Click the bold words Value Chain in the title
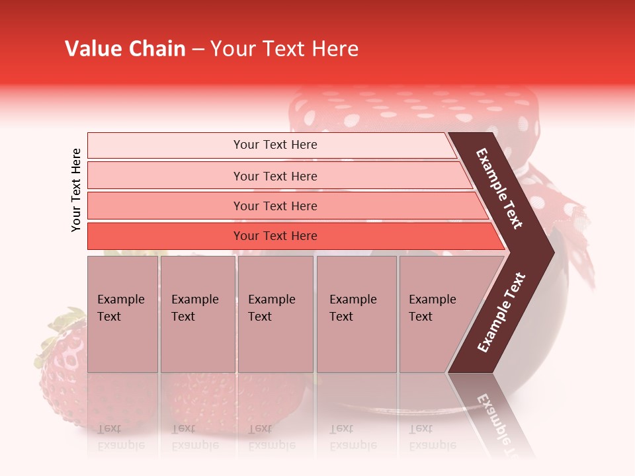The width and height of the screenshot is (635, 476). point(125,49)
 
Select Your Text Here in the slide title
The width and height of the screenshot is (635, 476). point(284,49)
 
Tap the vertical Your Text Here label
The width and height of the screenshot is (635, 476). point(76,190)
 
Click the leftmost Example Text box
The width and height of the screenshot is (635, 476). point(122,314)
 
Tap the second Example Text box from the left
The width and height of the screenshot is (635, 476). point(197,314)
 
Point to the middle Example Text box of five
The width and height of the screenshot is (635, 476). point(275,314)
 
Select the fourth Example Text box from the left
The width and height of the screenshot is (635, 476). point(356,314)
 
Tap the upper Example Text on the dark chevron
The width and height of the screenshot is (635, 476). point(499,188)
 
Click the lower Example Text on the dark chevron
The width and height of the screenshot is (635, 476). point(501,313)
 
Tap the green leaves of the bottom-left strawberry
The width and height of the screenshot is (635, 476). point(56,334)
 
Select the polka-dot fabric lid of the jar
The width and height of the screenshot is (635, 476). point(410,109)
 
